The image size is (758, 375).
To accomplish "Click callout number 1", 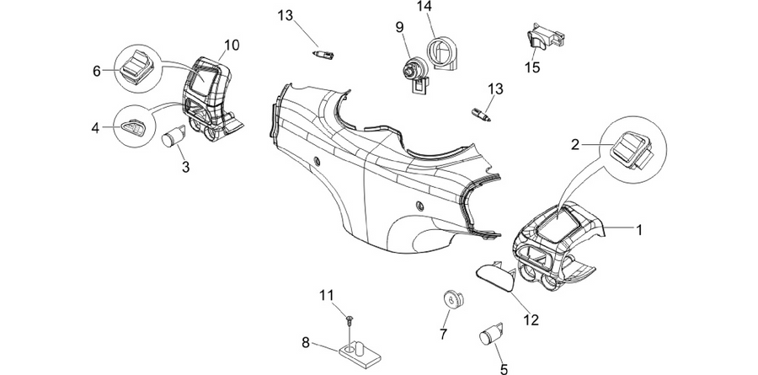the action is click(639, 230).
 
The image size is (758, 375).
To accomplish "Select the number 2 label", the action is click(574, 145).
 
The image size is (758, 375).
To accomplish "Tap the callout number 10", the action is click(232, 45).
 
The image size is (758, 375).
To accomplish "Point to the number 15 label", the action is click(532, 67).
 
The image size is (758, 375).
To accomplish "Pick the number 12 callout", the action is click(531, 320).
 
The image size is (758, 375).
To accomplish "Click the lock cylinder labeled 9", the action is click(414, 73).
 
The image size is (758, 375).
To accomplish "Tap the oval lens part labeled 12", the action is click(495, 277).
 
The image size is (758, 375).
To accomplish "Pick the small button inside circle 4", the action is click(132, 128).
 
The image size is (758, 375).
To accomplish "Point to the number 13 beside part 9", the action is click(495, 89).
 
